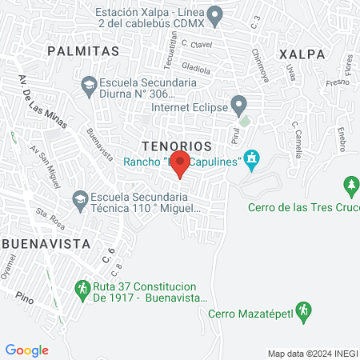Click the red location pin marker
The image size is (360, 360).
point(181,166)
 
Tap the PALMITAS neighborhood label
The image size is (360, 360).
point(83,50)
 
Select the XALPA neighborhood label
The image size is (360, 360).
point(302,54)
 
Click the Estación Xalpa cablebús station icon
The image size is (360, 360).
point(214,14)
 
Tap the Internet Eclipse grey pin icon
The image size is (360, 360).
point(238,102)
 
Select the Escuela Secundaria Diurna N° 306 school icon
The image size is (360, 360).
point(89,83)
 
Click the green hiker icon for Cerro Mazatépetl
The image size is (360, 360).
point(302,310)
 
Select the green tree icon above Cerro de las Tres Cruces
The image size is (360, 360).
point(350,187)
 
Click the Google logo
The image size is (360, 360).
point(26,350)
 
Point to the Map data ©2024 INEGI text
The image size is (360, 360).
point(312,354)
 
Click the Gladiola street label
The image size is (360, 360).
point(196,67)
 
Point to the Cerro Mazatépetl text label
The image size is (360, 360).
point(248,314)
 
